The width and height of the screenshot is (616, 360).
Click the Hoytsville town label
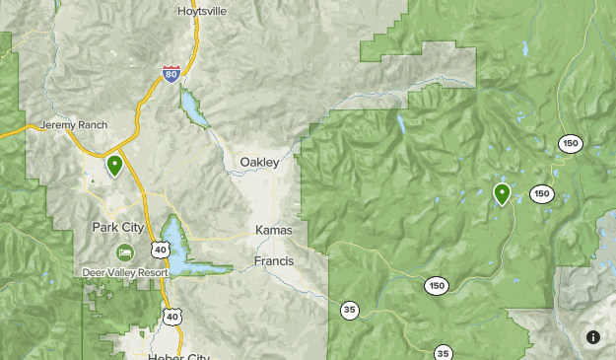coord(201,10)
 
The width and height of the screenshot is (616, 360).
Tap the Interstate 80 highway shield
coord(171,73)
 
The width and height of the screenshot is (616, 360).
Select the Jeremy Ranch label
coord(71,126)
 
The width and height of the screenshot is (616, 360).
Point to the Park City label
coord(118,227)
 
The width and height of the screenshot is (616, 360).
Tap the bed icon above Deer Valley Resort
coord(124,252)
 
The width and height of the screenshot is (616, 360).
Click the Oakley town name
coord(259,162)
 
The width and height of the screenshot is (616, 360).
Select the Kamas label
coord(274,230)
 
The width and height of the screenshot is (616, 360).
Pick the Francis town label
coord(274,261)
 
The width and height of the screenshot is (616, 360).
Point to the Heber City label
coord(179,355)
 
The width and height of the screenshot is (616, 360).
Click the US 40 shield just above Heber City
coord(172,316)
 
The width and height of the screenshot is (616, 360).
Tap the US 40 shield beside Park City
coord(160,247)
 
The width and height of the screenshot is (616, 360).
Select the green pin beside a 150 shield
coord(502,193)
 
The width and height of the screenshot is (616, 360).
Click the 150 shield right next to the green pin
coord(541,193)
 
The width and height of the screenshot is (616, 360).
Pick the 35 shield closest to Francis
coord(350,311)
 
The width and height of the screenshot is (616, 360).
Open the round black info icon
coord(593,337)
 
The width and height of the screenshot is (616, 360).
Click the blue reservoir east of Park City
coord(176,246)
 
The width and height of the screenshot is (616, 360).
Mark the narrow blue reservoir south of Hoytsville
coord(192,108)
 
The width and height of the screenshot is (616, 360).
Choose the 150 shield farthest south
coord(437,286)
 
